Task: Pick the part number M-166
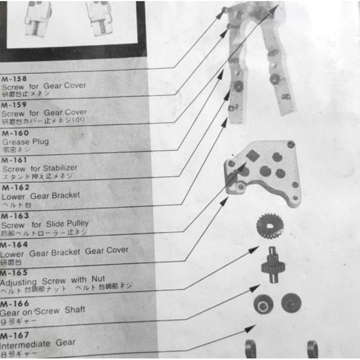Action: [15, 303]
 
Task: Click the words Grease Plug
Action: [26, 141]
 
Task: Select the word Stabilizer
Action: [60, 168]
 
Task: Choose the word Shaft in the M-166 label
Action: [75, 310]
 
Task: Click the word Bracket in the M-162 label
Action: [62, 195]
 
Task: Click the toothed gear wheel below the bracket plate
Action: [270, 226]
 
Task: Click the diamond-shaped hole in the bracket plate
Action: [253, 156]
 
